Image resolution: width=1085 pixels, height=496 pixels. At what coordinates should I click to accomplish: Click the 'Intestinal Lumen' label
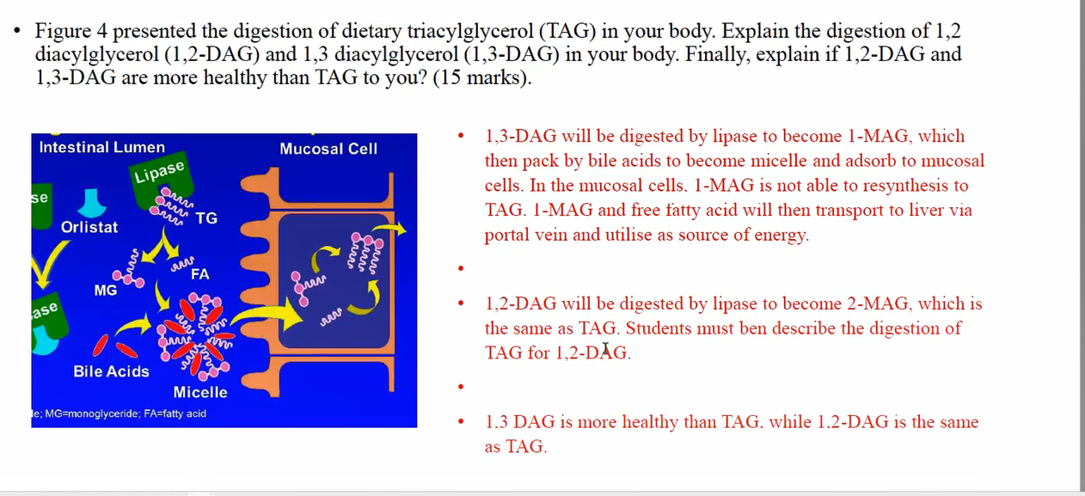click(101, 147)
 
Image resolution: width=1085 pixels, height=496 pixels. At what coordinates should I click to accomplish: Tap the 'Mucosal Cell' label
click(328, 149)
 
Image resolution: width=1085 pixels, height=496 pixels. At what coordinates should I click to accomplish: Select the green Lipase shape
click(159, 182)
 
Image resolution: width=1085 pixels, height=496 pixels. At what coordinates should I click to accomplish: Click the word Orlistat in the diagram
click(89, 227)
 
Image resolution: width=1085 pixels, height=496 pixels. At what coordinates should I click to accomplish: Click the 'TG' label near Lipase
click(206, 218)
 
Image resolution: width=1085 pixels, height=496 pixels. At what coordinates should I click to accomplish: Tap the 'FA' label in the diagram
click(200, 274)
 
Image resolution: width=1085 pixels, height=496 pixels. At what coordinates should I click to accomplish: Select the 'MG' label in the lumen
click(106, 291)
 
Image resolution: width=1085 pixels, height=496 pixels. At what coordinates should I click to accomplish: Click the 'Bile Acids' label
click(111, 371)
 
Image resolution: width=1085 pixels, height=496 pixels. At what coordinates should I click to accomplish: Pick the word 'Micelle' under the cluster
click(200, 392)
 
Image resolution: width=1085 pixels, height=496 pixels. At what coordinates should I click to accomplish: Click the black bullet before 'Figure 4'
click(17, 32)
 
